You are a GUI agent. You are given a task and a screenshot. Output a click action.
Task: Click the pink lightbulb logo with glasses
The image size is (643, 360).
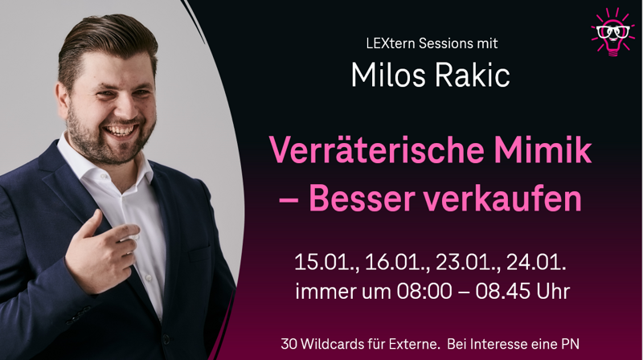[x=612, y=33]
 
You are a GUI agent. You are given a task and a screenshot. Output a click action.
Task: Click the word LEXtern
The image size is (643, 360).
[x=391, y=43]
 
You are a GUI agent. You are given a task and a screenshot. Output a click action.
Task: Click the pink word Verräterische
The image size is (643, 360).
[x=375, y=150]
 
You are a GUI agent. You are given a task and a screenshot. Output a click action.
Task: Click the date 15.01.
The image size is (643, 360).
[x=326, y=263]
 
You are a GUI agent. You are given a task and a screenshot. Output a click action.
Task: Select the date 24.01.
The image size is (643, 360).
[x=536, y=263]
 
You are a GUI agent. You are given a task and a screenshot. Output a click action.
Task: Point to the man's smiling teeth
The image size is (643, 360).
[x=120, y=131]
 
